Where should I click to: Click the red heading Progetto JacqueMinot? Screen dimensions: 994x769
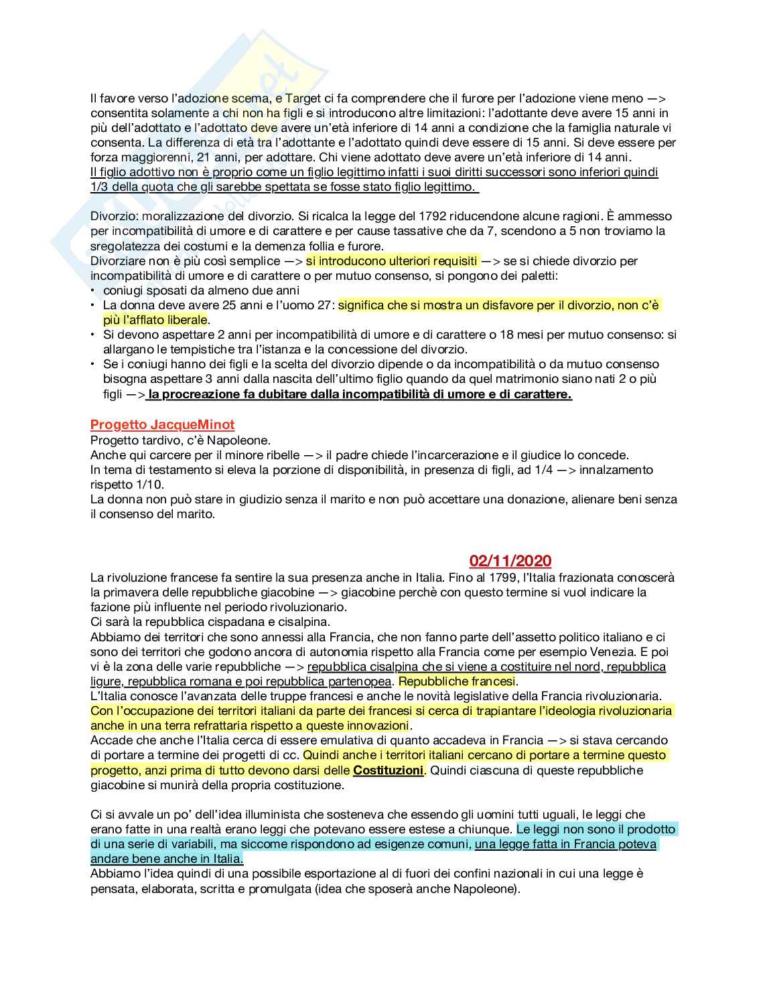pos(162,424)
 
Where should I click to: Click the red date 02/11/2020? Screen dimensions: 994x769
pos(510,561)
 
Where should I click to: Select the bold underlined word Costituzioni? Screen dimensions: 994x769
pos(388,770)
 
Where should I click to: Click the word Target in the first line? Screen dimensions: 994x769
pos(305,98)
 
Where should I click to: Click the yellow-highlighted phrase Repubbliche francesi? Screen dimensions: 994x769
pos(457,681)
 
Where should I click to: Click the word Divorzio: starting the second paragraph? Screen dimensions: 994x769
pos(113,216)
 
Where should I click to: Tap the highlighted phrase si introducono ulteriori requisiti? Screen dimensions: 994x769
pos(392,261)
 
